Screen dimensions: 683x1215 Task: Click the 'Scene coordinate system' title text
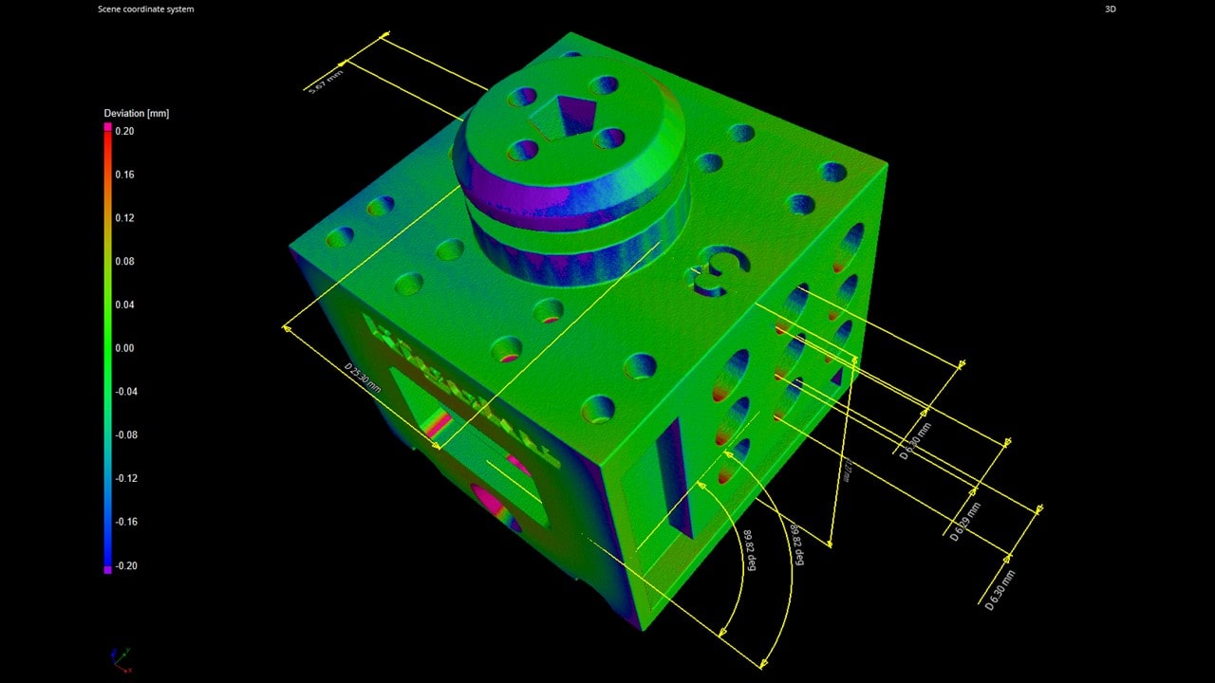(x=145, y=9)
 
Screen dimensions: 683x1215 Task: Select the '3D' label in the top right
(x=1111, y=9)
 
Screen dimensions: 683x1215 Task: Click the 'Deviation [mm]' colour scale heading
(x=136, y=114)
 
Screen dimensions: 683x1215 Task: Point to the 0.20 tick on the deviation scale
(x=124, y=132)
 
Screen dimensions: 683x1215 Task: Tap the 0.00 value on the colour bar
(x=124, y=348)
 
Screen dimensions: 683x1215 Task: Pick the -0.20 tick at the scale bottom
(x=124, y=566)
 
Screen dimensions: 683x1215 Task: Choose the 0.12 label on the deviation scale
(x=124, y=218)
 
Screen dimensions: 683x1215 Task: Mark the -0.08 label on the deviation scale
(x=124, y=435)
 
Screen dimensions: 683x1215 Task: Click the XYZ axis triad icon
(x=121, y=659)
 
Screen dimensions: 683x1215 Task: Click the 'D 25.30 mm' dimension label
(x=363, y=378)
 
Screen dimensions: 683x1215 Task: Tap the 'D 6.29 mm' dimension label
(x=966, y=521)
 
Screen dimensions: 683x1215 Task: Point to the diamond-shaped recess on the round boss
(x=568, y=115)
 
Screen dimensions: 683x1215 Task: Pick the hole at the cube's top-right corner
(x=832, y=172)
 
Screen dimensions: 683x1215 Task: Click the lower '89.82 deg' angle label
(x=749, y=550)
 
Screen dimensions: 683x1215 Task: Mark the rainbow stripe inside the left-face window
(x=438, y=424)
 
